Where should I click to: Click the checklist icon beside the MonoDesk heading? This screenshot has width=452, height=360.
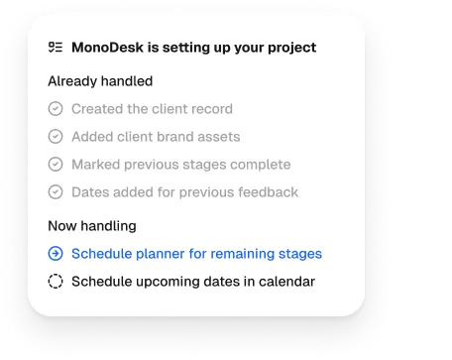56,47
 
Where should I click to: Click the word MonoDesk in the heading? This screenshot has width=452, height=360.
107,47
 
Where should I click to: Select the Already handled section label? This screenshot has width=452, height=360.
100,80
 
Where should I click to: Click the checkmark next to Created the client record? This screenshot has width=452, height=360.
56,109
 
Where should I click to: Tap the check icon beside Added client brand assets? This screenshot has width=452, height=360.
56,137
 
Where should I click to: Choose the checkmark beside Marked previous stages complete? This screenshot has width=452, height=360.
56,165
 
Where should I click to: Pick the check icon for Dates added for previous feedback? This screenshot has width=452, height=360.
56,192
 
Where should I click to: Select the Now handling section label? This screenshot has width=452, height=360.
92,225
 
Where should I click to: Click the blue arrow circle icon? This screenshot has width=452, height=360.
56,254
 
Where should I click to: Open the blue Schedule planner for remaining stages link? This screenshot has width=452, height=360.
196,254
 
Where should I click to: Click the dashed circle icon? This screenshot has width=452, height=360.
56,282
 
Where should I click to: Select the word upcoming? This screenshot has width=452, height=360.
164,282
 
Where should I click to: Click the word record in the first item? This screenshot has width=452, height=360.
211,109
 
